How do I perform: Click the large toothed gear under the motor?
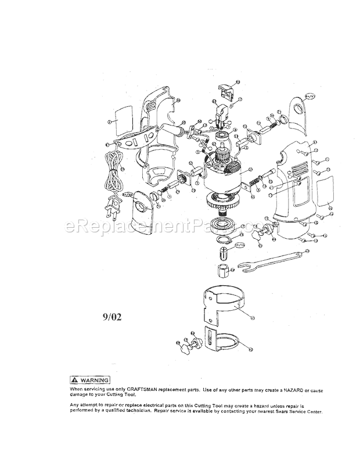tap(224, 204)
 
